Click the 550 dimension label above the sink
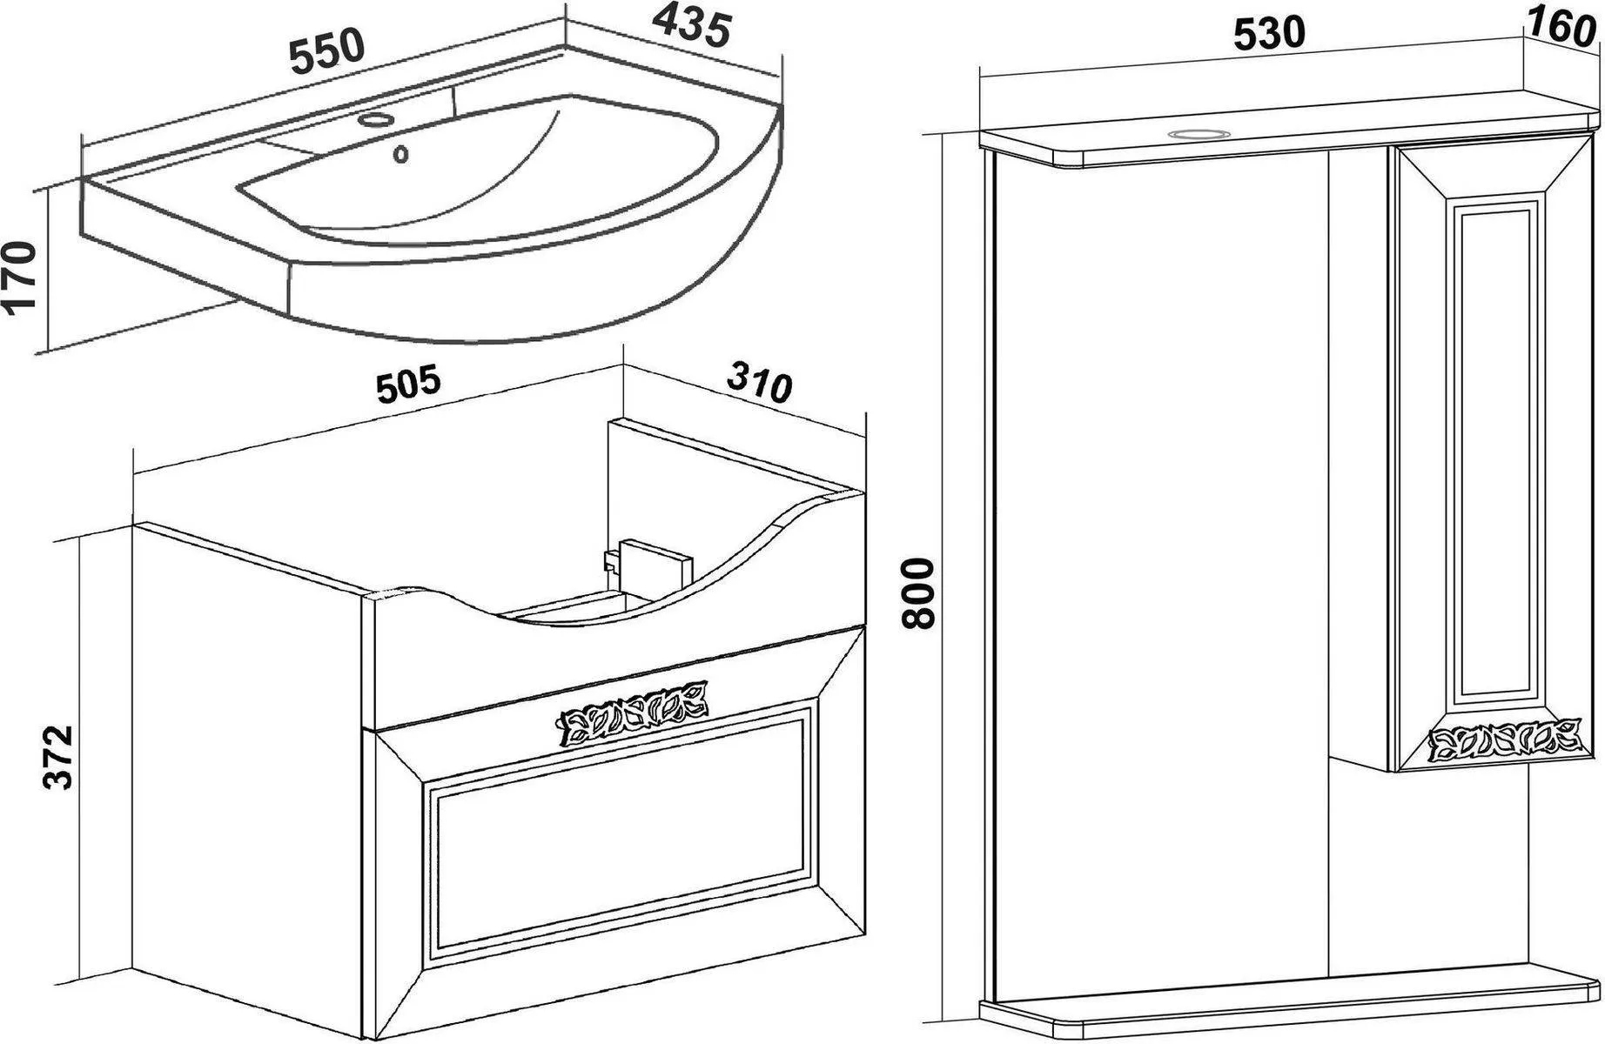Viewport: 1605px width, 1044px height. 327,51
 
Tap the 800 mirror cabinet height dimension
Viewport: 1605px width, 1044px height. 919,593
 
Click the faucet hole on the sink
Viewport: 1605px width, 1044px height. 377,119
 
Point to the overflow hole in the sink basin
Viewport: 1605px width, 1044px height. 401,155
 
